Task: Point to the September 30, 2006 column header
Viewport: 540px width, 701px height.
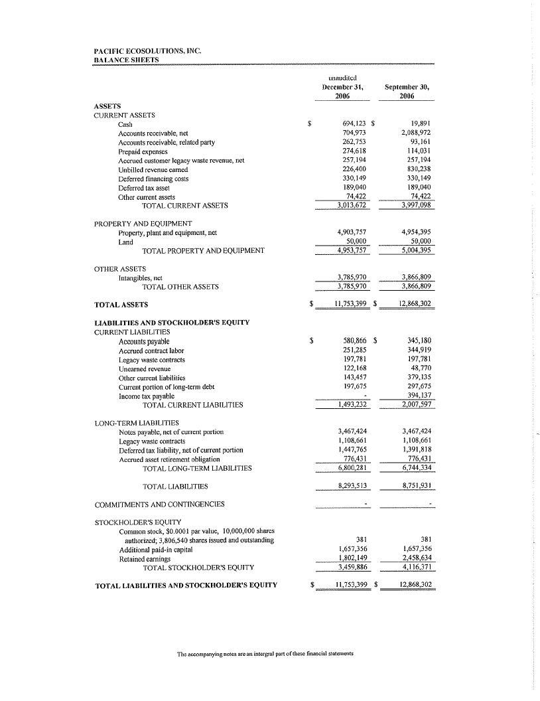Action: coord(409,92)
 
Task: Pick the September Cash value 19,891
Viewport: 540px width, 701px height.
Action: coord(421,123)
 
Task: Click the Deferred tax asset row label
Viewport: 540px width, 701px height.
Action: coord(141,187)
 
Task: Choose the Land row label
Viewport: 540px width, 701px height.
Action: coord(125,242)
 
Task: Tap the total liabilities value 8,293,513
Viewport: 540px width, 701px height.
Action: coord(352,486)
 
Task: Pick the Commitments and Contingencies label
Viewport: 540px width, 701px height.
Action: coord(159,505)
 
